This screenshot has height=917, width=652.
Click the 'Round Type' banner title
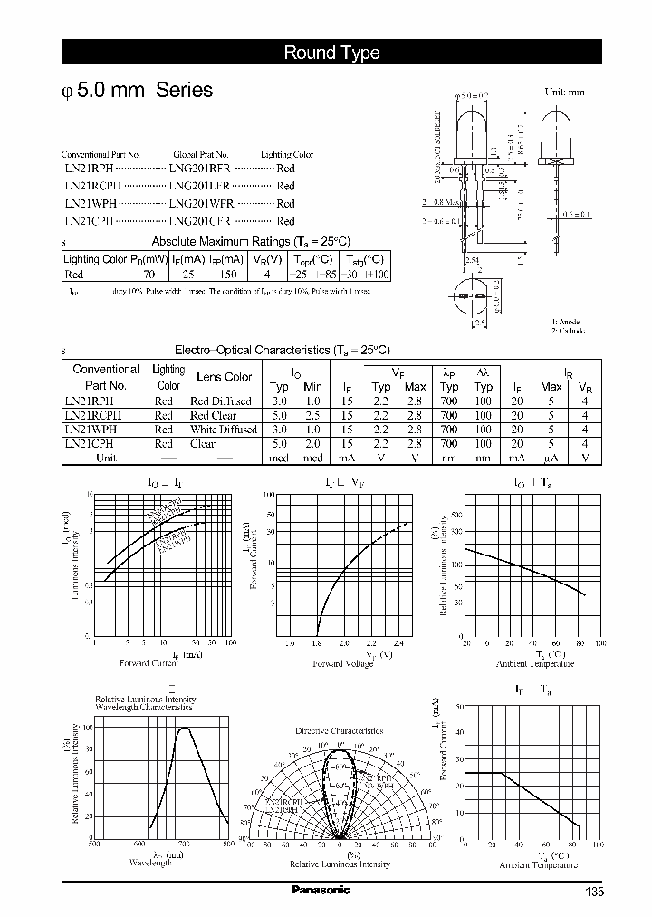pyautogui.click(x=331, y=53)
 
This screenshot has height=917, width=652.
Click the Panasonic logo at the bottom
pyautogui.click(x=320, y=890)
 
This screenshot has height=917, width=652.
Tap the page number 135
pyautogui.click(x=593, y=892)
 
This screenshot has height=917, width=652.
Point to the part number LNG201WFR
pyautogui.click(x=201, y=204)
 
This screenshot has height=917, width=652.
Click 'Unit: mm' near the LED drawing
pyautogui.click(x=564, y=92)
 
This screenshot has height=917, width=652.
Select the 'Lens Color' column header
pyautogui.click(x=224, y=377)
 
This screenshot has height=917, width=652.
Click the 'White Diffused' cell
pyautogui.click(x=223, y=430)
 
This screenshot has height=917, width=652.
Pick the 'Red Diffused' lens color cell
pyautogui.click(x=221, y=401)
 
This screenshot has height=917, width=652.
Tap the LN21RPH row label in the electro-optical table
pyautogui.click(x=90, y=401)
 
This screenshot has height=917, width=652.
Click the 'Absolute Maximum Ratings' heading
pyautogui.click(x=250, y=241)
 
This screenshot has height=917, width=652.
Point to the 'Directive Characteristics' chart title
pyautogui.click(x=339, y=730)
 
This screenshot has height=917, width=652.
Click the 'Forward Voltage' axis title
pyautogui.click(x=340, y=664)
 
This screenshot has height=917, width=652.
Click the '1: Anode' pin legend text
pyautogui.click(x=566, y=322)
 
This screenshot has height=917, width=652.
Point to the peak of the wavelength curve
pyautogui.click(x=184, y=728)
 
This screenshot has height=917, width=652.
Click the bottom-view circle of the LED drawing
pyautogui.click(x=473, y=295)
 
